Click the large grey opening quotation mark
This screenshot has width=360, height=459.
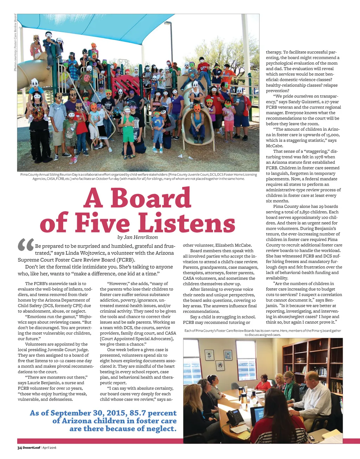(26, 245)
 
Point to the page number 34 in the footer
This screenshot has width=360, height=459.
(20, 448)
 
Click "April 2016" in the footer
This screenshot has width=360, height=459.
(49, 448)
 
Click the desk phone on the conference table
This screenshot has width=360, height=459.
(234, 417)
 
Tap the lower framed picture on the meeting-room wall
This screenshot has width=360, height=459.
(220, 365)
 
